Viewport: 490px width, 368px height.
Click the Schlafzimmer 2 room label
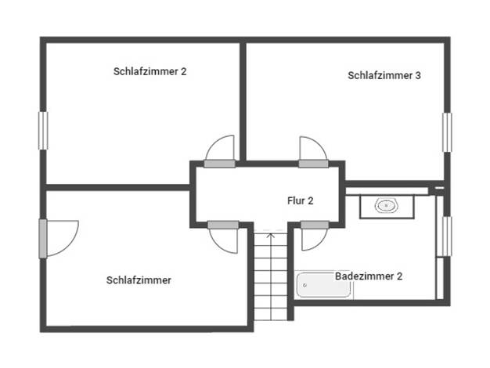pos(150,71)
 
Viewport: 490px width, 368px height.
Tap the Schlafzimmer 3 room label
pos(384,75)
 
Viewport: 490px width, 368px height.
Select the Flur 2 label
pos(300,200)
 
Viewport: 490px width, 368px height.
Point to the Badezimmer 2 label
pos(369,276)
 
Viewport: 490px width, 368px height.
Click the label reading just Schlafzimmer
pos(139,280)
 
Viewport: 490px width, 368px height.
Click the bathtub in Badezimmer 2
pos(323,285)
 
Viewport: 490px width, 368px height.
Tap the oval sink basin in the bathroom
pos(386,206)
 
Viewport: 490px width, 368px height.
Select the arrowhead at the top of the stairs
pos(271,235)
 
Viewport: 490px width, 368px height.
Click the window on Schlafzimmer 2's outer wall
pos(43,131)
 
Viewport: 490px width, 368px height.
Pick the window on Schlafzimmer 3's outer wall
pos(447,132)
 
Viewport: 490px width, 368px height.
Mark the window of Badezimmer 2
pos(447,236)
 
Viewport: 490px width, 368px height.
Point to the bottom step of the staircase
pos(271,314)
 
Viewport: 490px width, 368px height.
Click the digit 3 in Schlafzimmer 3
pos(418,75)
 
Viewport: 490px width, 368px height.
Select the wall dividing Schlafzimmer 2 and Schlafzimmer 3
pos(243,102)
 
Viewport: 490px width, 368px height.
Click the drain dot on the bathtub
pos(305,285)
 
